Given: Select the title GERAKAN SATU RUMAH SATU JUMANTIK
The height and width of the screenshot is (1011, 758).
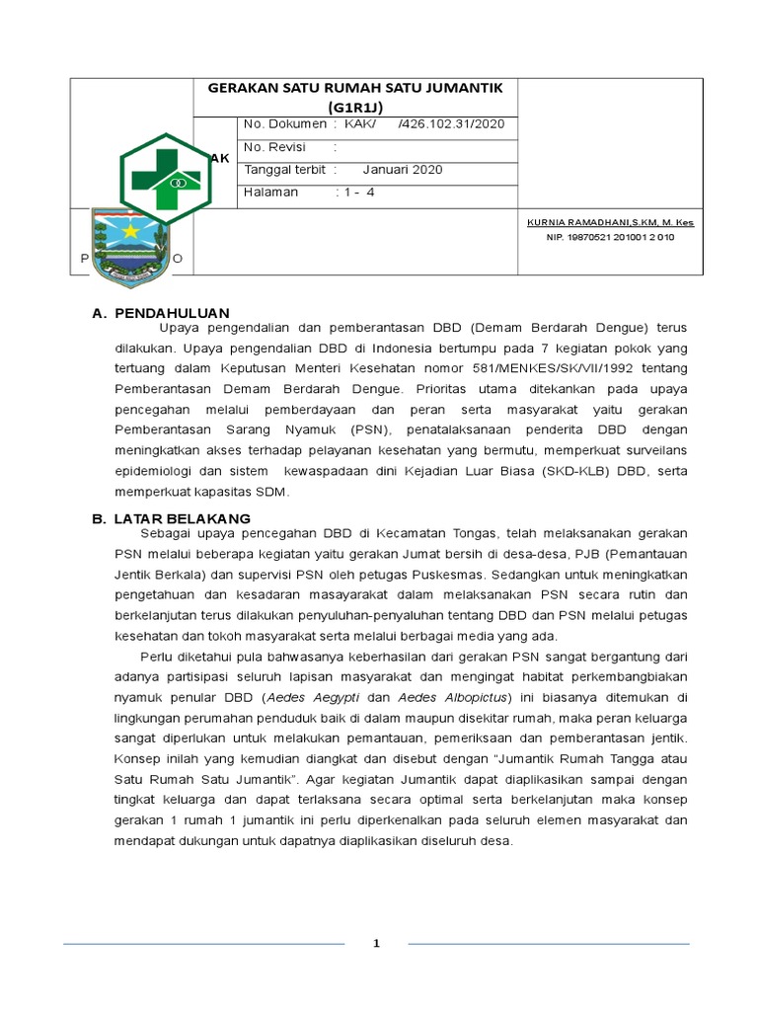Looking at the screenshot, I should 355,88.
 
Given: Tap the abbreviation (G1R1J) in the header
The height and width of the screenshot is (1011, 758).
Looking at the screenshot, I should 355,106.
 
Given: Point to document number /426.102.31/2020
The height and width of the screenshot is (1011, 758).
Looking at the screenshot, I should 451,124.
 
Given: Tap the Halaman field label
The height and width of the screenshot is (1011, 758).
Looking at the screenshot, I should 270,193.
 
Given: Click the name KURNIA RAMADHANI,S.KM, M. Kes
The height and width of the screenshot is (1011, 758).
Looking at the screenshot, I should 610,223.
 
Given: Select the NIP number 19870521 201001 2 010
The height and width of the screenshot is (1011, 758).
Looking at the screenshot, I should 610,238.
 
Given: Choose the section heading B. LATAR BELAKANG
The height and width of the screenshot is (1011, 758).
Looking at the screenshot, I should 171,518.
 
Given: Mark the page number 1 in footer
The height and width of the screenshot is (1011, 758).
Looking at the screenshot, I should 376,944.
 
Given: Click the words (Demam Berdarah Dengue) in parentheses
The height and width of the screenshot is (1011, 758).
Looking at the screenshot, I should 559,328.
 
